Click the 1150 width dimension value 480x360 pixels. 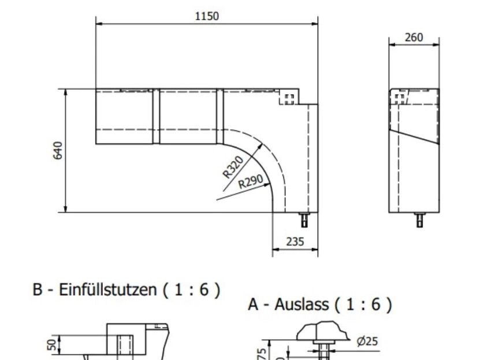pyautogui.click(x=206, y=16)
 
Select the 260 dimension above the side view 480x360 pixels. pyautogui.click(x=414, y=38)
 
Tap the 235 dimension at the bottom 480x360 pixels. pyautogui.click(x=295, y=242)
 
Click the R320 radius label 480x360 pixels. pyautogui.click(x=233, y=167)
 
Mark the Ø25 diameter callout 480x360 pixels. pyautogui.click(x=367, y=342)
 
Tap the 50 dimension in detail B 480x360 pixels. pyautogui.click(x=51, y=345)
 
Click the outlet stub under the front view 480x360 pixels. pyautogui.click(x=304, y=220)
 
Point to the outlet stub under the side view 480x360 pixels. pyautogui.click(x=419, y=220)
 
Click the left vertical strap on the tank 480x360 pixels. pyautogui.click(x=155, y=116)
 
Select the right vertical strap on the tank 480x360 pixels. pyautogui.click(x=219, y=116)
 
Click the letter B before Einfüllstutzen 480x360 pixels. pyautogui.click(x=38, y=290)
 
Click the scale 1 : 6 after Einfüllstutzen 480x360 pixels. pyautogui.click(x=192, y=290)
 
